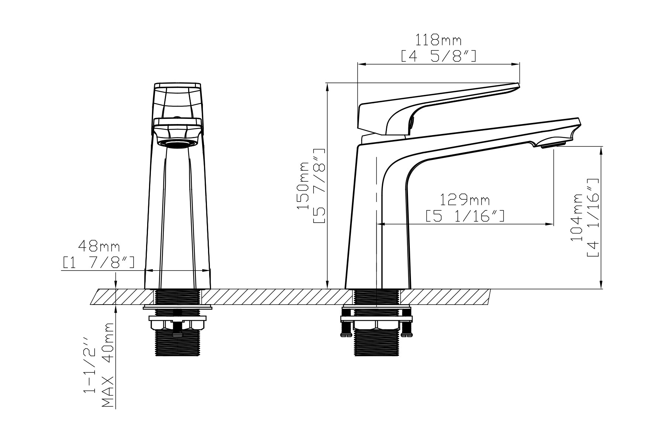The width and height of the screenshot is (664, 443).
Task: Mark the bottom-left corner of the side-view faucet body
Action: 345,289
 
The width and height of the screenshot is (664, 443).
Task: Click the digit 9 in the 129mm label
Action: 463,200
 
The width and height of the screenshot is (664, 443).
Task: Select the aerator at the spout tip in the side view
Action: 553,145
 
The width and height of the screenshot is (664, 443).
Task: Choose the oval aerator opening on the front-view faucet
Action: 177,144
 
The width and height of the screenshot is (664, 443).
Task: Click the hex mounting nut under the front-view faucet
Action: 177,324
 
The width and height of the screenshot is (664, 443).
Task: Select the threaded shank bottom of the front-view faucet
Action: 177,343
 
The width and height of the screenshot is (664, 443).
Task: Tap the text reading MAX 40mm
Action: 108,364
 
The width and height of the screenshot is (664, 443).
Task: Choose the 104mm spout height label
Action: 577,217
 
